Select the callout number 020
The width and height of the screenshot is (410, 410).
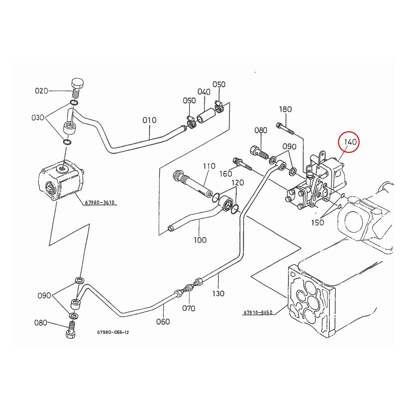[41, 91]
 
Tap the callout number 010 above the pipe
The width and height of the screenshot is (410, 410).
[149, 120]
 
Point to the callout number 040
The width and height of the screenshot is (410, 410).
[204, 92]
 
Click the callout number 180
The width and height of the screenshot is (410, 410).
[285, 110]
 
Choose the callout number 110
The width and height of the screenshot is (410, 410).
[209, 166]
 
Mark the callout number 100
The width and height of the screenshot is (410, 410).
[200, 240]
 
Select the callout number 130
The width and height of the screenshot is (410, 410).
[218, 293]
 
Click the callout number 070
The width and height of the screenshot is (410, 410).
[189, 308]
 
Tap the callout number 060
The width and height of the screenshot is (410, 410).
[163, 322]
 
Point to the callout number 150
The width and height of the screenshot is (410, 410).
[317, 223]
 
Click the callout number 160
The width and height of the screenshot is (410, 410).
[226, 174]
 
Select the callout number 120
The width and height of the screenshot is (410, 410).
[238, 183]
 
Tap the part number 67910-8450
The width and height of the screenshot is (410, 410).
[258, 312]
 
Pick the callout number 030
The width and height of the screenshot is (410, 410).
[38, 118]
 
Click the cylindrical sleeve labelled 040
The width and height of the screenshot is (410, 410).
[206, 116]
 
